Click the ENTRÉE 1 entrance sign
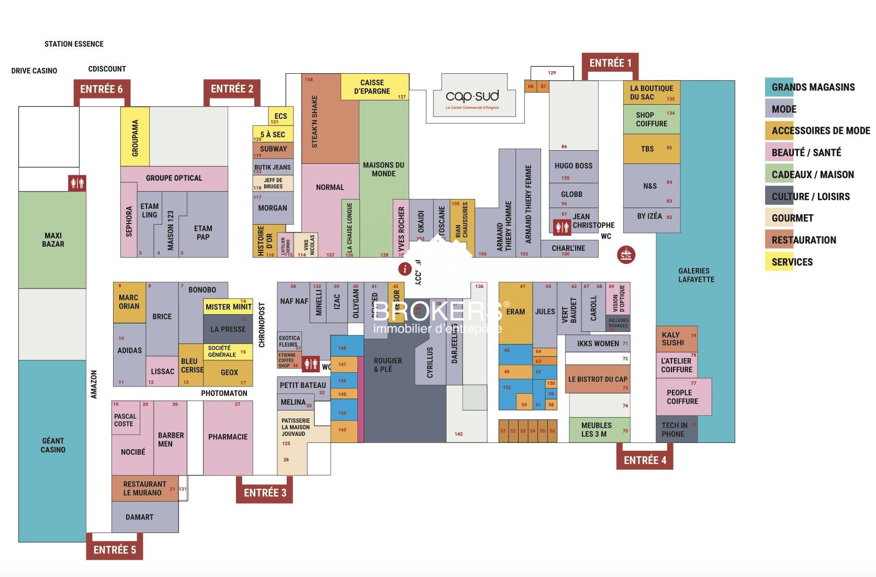coord(610,63)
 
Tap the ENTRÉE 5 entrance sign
coord(115,550)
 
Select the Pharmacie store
coord(228,437)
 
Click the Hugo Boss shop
coord(573,167)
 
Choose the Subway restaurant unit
coord(273,149)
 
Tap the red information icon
coord(405,269)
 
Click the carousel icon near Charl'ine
coord(626,255)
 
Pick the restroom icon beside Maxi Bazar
coord(77,183)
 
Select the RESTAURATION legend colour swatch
coord(779,240)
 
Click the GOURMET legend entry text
coord(792,218)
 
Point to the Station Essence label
coord(74,44)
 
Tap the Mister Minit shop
coord(228,307)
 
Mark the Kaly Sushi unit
coord(676,339)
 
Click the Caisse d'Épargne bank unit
coord(374,87)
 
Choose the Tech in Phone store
coord(676,429)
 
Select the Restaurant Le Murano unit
coord(144,489)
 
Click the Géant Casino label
coord(53,445)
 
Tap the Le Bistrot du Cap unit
coord(598,380)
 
